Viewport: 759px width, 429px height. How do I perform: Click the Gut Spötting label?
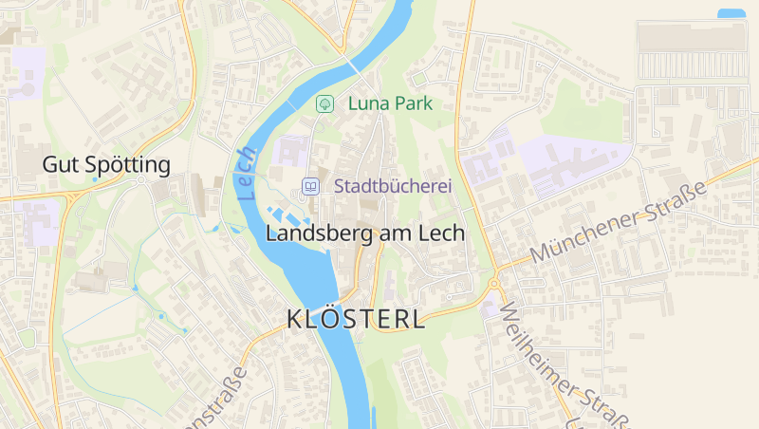106,164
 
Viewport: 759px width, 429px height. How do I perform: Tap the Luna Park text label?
390,103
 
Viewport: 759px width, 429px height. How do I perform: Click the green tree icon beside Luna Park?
324,103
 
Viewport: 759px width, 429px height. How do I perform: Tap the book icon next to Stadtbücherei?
309,186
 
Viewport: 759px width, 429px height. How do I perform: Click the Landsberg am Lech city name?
365,233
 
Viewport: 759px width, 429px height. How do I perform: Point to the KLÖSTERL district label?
356,319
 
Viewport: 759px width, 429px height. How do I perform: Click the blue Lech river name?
248,172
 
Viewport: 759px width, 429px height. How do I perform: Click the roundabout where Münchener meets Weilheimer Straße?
493,282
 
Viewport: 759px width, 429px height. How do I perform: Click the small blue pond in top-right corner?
731,13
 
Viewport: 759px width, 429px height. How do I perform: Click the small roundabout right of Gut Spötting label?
140,179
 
